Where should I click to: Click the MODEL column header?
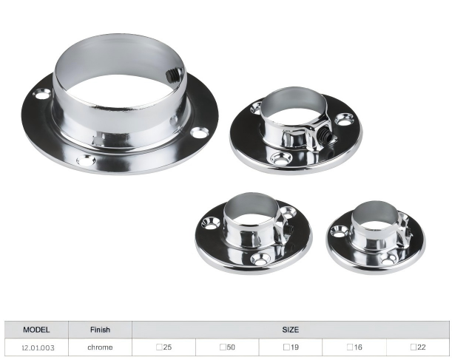click(36, 330)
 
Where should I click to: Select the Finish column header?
click(100, 330)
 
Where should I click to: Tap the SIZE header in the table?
click(290, 330)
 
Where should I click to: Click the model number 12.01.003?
click(38, 347)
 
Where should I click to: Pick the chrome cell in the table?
click(100, 347)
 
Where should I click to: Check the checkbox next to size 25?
click(159, 347)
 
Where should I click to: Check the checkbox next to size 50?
click(223, 347)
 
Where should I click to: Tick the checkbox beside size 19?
click(286, 347)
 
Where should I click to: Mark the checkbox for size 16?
click(350, 347)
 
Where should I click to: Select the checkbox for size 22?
click(414, 347)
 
